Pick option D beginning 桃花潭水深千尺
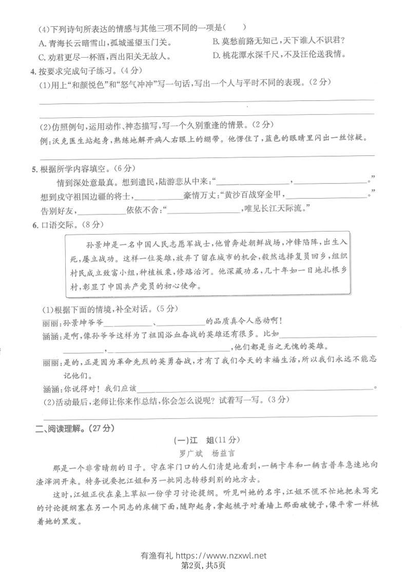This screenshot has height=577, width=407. coord(277,55)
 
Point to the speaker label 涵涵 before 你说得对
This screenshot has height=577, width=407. coord(49,387)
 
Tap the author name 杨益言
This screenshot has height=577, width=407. coord(219,454)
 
